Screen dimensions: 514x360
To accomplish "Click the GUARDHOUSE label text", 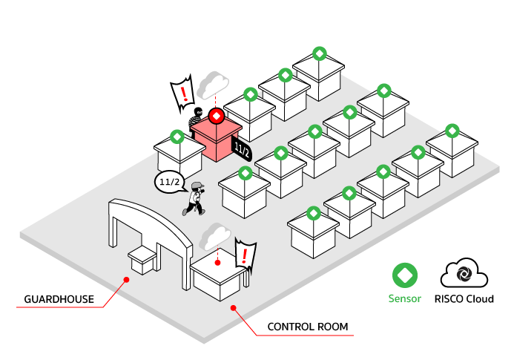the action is tap(59, 299).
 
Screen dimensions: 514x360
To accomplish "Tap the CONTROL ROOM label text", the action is tap(308, 327).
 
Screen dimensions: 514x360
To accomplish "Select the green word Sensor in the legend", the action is tap(405, 298).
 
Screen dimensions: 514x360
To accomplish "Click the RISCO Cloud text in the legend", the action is tap(464, 299).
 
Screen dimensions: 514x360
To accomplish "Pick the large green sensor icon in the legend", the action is tap(405, 275).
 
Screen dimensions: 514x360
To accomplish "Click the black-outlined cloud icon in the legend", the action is tap(464, 273).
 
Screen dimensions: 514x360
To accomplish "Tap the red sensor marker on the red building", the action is tap(217, 116).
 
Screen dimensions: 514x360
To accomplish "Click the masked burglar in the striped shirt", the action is tap(196, 121).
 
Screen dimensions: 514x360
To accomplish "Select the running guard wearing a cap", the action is tap(195, 199).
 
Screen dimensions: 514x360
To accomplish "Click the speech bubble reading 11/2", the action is tap(170, 182).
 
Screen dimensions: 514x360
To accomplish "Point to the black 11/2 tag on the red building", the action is tap(242, 150).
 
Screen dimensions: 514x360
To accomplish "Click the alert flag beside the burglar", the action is tap(182, 94).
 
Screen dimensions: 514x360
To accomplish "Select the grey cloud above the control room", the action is tap(215, 236).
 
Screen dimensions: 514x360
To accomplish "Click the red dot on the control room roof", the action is tap(217, 263).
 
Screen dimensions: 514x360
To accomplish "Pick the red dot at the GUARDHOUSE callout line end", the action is tap(127, 280).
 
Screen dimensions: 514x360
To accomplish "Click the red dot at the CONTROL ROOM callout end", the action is tap(234, 308).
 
